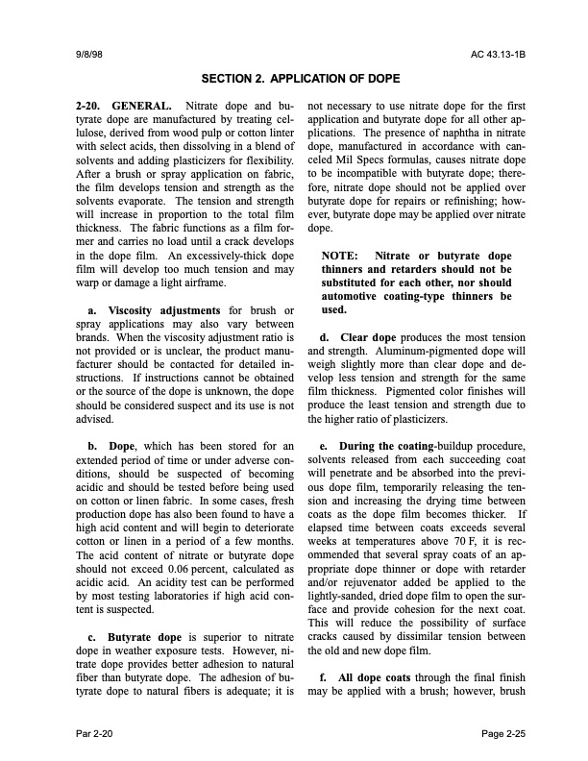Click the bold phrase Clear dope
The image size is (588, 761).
pyautogui.click(x=365, y=337)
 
